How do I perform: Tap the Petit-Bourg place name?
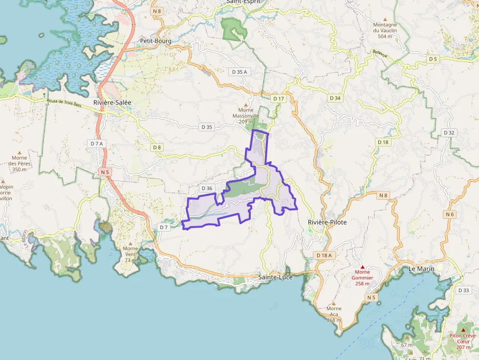[155, 41]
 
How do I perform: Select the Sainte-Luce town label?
[276, 277]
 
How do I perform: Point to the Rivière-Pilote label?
[327, 222]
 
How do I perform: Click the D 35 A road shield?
[239, 72]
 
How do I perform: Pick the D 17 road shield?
[279, 99]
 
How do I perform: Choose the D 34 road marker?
[335, 98]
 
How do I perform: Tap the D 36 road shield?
[207, 188]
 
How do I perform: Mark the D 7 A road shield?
[97, 144]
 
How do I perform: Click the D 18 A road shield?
[324, 255]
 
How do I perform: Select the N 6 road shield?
[450, 214]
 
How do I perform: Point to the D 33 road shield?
[463, 290]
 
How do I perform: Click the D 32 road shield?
[449, 133]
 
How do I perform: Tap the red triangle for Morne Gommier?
[362, 267]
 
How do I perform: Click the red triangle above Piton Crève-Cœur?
[463, 330]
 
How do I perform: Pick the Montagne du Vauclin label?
[385, 30]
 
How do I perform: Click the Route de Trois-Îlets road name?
[64, 104]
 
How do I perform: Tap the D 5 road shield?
[433, 59]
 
